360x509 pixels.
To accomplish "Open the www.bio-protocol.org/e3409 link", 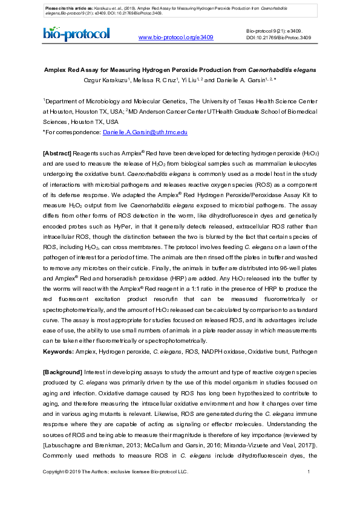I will point(176,37).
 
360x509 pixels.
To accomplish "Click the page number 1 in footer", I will point(309,472).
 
